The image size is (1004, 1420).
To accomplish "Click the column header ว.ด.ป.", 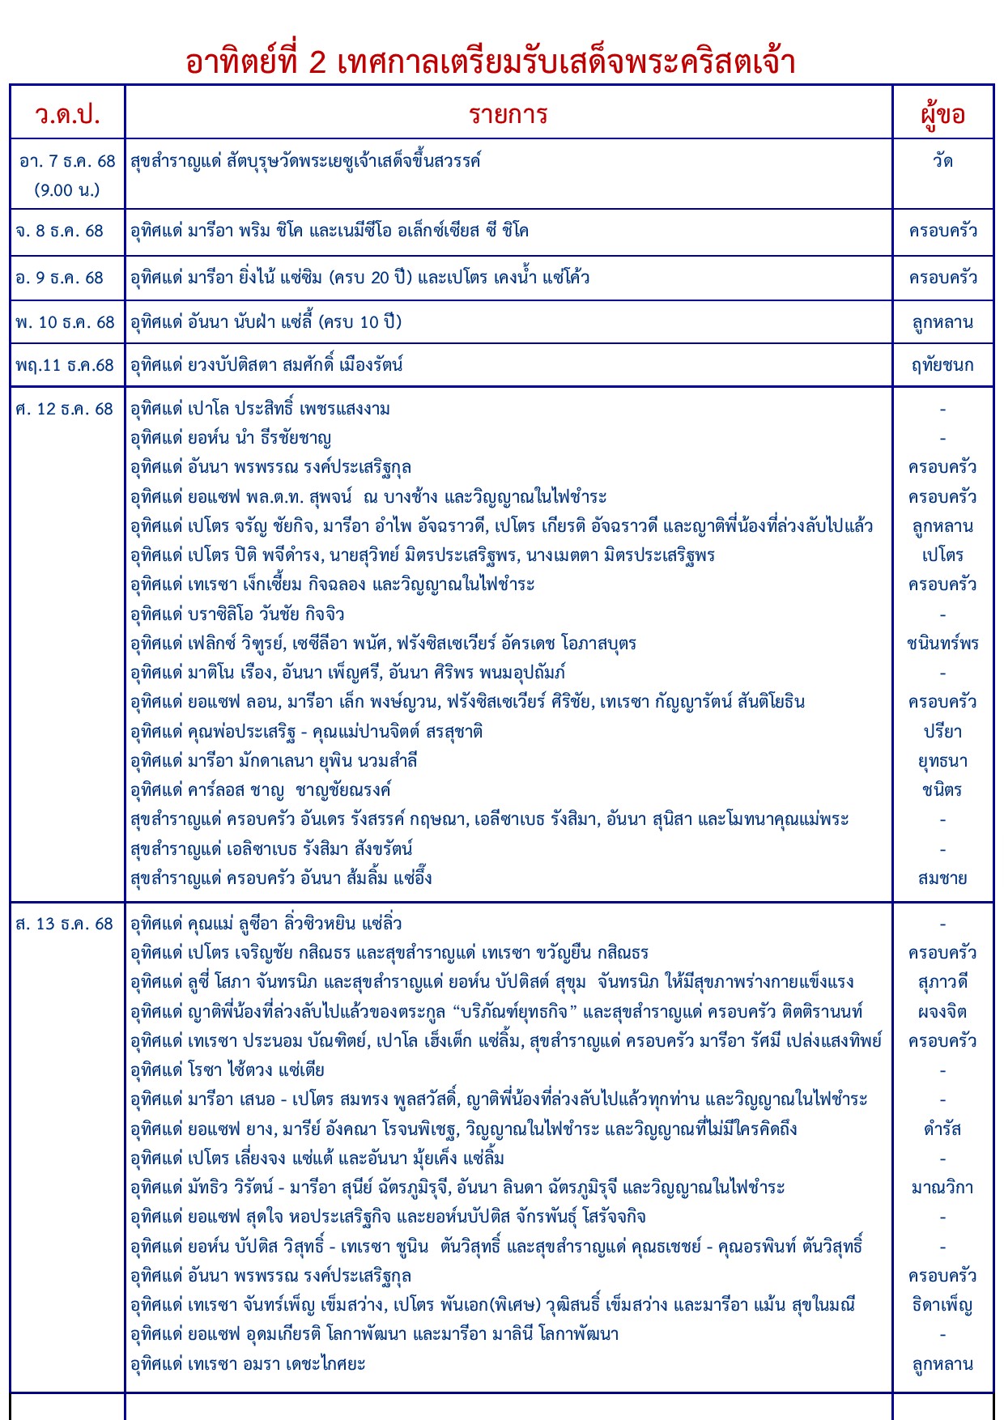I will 67,114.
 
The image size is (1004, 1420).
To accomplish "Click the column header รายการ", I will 508,114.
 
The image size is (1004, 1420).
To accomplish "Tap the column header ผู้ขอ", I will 942,114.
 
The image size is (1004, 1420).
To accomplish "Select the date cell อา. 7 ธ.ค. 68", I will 67,161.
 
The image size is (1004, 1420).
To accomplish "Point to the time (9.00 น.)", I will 67,190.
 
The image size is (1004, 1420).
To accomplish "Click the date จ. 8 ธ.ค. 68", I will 60,231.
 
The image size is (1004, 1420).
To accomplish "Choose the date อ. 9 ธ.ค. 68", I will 60,278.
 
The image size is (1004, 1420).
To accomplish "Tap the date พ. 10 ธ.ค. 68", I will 65,322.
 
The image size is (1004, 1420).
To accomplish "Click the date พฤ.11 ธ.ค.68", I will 65,365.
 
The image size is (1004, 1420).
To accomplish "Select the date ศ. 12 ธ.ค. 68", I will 64,409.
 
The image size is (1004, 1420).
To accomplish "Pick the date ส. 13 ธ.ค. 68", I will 64,924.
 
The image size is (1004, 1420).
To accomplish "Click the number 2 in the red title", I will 317,62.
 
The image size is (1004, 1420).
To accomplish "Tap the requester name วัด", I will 942,161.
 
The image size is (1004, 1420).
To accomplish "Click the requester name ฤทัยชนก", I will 942,365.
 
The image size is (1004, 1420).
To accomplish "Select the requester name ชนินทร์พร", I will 942,644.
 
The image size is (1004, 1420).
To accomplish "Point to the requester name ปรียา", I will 942,732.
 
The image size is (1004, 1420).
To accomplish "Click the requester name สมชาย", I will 942,878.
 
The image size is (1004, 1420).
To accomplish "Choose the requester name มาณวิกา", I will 942,1188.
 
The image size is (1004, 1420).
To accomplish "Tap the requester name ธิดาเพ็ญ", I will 942,1305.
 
